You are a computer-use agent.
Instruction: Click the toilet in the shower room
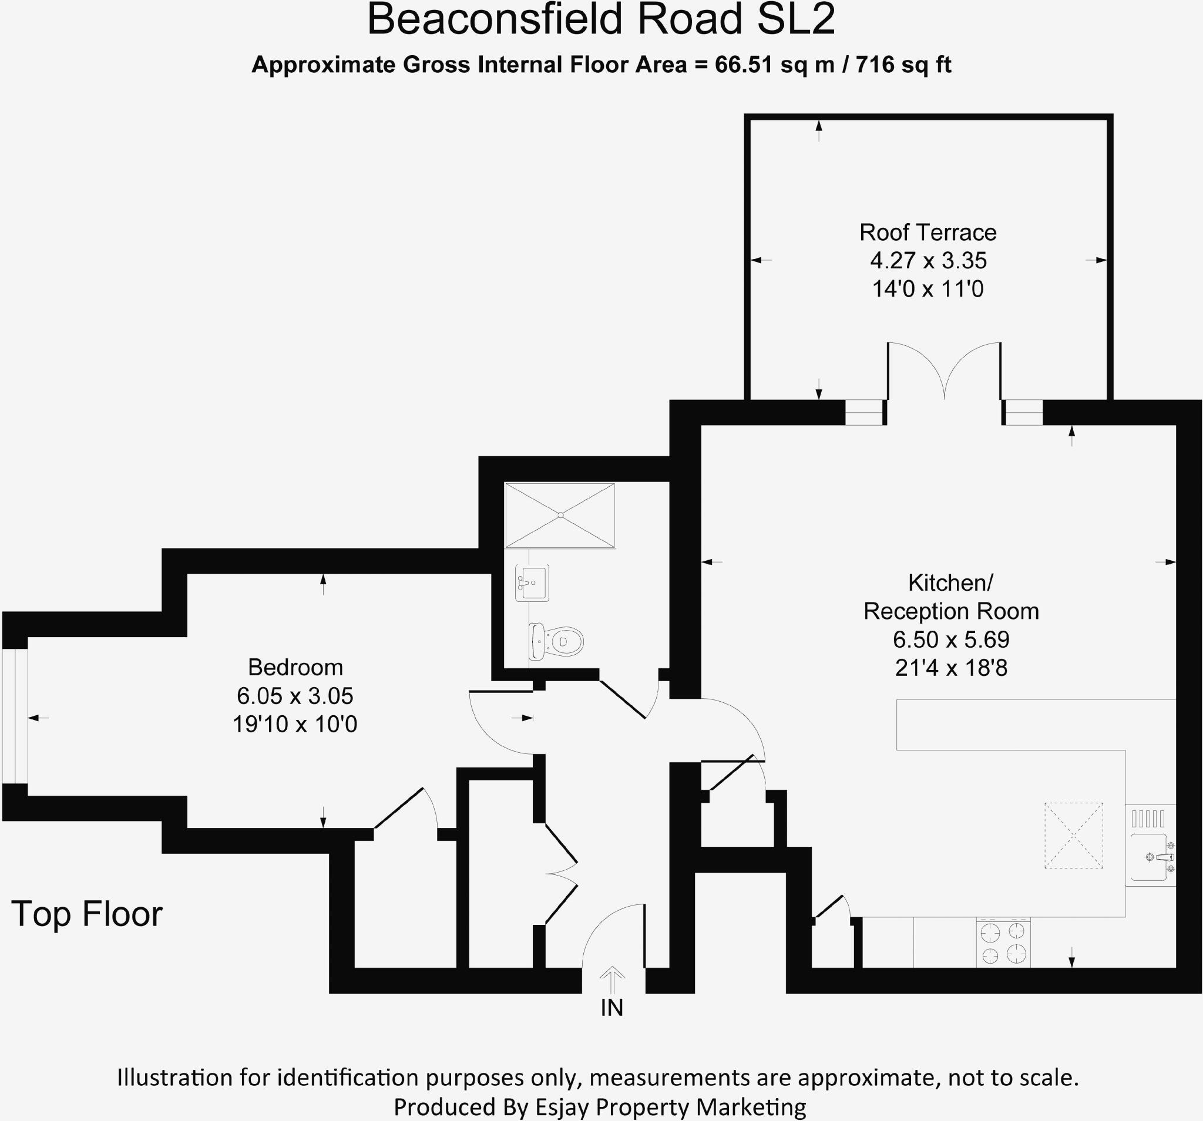(557, 641)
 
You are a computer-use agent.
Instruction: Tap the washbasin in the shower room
(532, 583)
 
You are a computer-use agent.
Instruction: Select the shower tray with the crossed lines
(560, 516)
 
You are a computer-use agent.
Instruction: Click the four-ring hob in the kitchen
(1003, 944)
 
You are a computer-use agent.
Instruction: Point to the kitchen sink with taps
(1150, 857)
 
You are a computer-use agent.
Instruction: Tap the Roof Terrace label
(928, 233)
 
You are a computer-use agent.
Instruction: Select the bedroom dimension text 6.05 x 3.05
(295, 696)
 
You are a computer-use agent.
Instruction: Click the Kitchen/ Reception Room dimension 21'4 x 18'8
(950, 668)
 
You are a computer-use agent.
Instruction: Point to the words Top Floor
(87, 914)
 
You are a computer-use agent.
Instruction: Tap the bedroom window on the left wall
(15, 717)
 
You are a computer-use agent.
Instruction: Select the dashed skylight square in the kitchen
(1074, 836)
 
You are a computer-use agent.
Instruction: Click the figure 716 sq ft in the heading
(903, 64)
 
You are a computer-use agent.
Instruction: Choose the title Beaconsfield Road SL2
(601, 19)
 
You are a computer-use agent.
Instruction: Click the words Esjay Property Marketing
(670, 1106)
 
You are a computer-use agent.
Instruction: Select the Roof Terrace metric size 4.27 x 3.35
(928, 261)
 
